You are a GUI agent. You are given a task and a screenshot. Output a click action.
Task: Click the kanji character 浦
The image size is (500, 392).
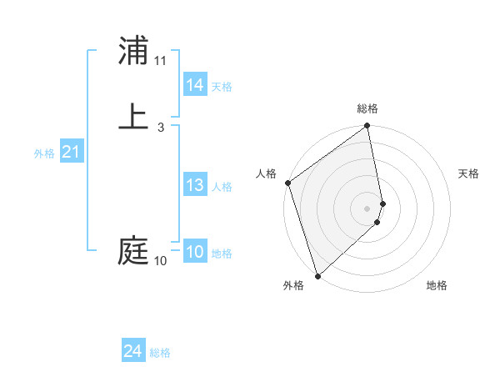(x=133, y=52)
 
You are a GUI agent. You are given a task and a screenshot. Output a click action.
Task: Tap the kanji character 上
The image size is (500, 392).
(x=133, y=117)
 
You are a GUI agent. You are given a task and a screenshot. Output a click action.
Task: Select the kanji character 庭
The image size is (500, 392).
(x=133, y=251)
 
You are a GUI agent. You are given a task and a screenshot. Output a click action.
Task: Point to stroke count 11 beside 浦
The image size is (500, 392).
(x=161, y=61)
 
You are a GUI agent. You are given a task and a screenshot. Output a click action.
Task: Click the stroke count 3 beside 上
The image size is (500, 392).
(x=160, y=128)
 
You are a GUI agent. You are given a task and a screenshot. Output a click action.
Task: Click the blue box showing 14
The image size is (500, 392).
(x=195, y=85)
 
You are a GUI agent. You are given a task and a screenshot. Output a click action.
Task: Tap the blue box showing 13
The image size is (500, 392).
(x=195, y=185)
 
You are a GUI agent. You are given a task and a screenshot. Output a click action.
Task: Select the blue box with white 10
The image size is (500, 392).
(x=195, y=253)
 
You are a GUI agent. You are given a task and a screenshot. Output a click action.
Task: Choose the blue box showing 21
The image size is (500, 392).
(x=71, y=153)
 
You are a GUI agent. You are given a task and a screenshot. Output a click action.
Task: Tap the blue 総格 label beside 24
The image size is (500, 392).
(x=160, y=353)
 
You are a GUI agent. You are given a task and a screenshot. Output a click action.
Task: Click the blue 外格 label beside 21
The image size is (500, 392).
(x=44, y=153)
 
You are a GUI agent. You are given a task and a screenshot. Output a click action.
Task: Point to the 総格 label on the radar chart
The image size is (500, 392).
(x=367, y=108)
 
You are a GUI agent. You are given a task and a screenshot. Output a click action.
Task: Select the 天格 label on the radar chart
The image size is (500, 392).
(x=468, y=173)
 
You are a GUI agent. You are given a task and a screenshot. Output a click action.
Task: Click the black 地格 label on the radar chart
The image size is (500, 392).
(x=437, y=286)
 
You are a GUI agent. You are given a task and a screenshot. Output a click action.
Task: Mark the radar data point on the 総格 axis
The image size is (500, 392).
(x=367, y=127)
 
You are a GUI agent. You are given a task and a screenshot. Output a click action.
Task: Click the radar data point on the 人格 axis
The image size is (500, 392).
(x=288, y=183)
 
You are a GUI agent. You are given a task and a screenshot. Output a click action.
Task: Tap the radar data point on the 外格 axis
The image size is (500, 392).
(x=317, y=274)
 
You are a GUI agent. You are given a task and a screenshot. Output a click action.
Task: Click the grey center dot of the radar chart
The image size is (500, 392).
(x=367, y=208)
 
